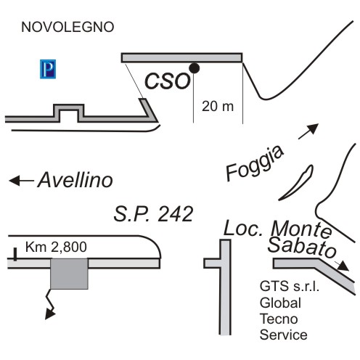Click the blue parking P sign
click(48, 69)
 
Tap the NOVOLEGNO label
click(67, 27)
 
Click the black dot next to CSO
click(194, 68)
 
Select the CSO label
click(168, 81)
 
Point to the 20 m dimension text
click(218, 106)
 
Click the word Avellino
click(75, 180)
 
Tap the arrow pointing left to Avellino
click(21, 181)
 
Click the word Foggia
click(255, 164)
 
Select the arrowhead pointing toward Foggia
click(313, 128)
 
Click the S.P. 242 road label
click(153, 213)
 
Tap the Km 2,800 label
click(56, 247)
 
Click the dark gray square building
click(69, 274)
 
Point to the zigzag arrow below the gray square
click(50, 304)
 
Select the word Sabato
click(302, 247)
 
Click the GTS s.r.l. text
click(290, 286)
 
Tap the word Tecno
click(279, 319)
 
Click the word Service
click(284, 335)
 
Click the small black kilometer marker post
click(15, 254)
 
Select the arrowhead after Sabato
click(343, 266)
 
